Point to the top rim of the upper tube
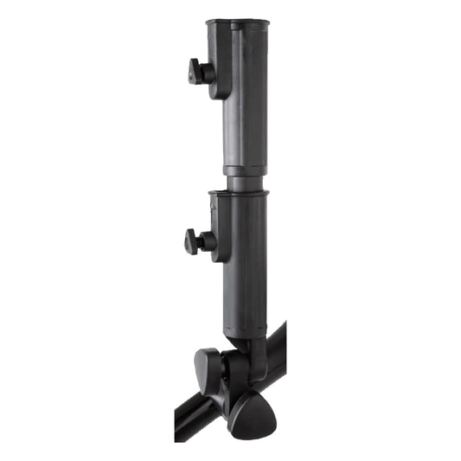pos(238,22)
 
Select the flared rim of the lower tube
pos(239,194)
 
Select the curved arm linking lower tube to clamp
pos(258,355)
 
